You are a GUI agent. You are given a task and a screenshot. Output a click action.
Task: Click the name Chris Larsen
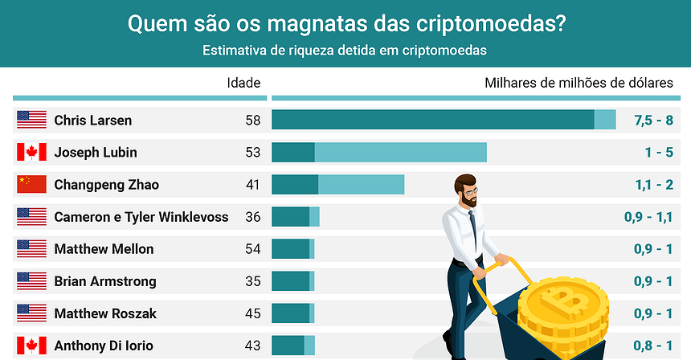(92, 121)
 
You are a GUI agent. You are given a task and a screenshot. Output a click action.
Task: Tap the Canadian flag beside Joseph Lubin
(31, 153)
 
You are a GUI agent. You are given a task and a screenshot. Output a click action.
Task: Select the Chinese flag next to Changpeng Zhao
(31, 185)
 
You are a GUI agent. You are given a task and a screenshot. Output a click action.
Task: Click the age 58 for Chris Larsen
(253, 121)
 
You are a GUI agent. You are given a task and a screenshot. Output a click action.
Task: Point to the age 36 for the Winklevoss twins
(253, 217)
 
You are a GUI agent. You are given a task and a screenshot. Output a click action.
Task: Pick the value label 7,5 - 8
(652, 121)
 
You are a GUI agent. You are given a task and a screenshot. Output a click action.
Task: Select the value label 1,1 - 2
(653, 185)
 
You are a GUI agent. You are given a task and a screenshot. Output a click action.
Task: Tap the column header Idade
(243, 83)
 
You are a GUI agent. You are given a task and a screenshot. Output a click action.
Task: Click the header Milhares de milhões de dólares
(579, 83)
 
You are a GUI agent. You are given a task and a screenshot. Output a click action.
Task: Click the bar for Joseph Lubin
(379, 153)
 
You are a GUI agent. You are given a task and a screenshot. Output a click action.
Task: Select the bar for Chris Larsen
(442, 121)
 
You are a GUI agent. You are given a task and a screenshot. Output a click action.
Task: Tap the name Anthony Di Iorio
(104, 346)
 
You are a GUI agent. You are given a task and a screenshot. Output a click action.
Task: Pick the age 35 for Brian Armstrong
(253, 281)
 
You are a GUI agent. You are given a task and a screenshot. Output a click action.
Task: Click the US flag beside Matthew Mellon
(31, 249)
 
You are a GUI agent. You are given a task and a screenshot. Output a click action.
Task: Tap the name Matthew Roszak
(105, 313)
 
